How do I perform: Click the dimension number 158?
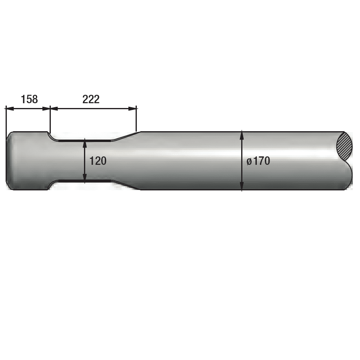[29, 100]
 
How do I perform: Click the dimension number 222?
[91, 100]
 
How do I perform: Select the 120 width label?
[98, 161]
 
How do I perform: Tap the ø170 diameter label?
[258, 161]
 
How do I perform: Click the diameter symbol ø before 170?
[249, 162]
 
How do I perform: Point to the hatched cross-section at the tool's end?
[344, 146]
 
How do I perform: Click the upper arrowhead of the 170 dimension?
[242, 135]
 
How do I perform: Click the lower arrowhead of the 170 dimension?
[242, 186]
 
